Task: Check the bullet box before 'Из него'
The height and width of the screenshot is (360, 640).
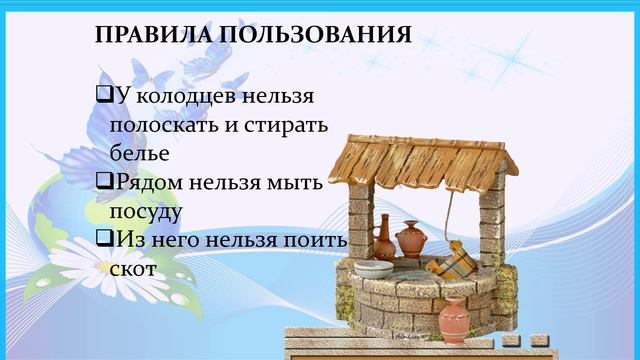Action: pos(103,241)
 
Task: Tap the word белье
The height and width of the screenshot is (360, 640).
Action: pos(140,156)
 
